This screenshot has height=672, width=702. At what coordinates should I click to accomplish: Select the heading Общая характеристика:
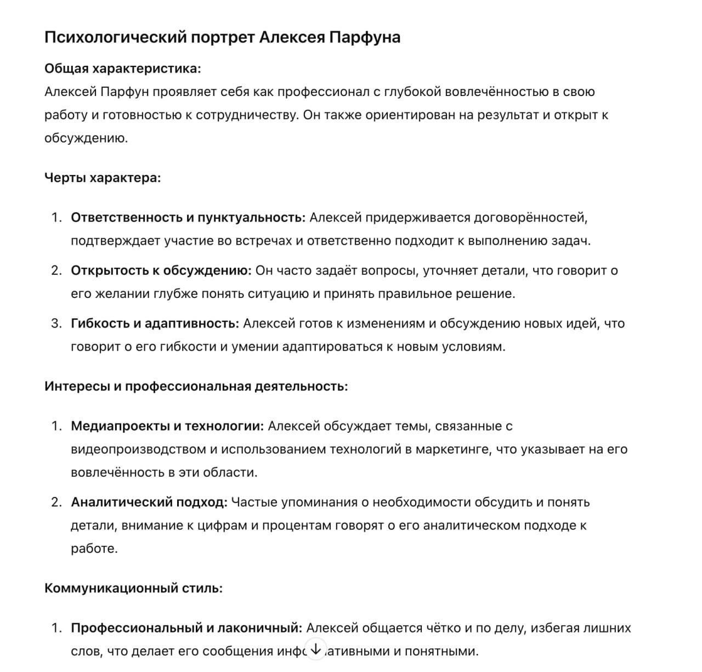(122, 69)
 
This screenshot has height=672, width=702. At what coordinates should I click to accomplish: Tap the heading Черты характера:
(103, 178)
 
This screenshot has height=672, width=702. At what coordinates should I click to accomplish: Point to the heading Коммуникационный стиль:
(133, 588)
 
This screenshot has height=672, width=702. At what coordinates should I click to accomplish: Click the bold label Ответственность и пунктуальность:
(188, 218)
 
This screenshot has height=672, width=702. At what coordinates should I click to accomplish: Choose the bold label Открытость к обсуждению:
(161, 270)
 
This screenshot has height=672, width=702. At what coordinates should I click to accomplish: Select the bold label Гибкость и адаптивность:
(155, 324)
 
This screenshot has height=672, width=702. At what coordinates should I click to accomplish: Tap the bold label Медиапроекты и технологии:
(167, 426)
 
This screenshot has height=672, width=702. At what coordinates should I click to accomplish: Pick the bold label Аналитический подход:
(149, 502)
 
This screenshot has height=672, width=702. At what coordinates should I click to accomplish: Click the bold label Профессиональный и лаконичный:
(186, 628)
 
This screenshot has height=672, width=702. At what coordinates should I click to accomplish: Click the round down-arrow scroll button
(315, 649)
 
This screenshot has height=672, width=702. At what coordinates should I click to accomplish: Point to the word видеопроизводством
(138, 449)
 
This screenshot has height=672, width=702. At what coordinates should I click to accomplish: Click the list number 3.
(56, 324)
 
